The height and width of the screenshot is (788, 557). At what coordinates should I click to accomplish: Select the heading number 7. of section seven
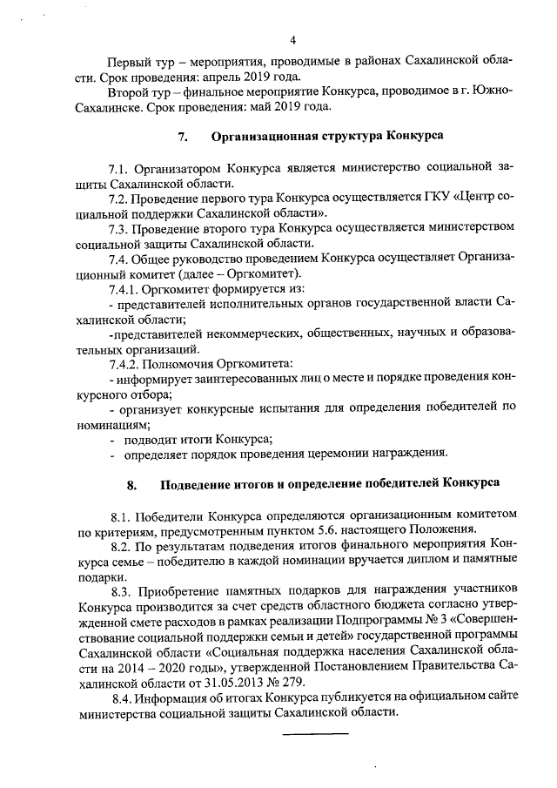[x=183, y=136]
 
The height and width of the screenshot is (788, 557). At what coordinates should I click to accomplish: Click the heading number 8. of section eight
[x=132, y=482]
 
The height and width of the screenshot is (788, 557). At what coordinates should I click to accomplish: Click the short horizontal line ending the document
[x=315, y=734]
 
